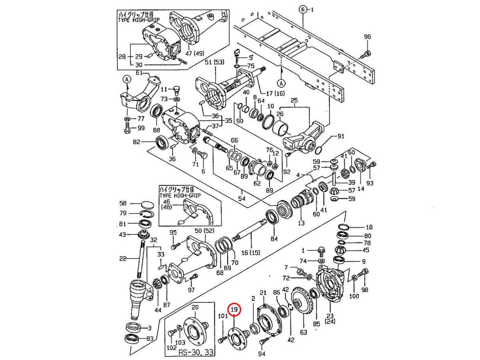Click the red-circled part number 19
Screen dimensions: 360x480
tap(234, 310)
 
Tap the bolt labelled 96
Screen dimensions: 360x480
tap(367, 53)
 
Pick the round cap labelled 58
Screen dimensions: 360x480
tap(147, 204)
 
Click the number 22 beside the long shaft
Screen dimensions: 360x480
tap(123, 258)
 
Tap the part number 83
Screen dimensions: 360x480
tap(149, 339)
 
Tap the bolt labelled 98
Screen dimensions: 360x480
tap(364, 274)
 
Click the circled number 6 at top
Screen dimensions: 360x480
tap(303, 9)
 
